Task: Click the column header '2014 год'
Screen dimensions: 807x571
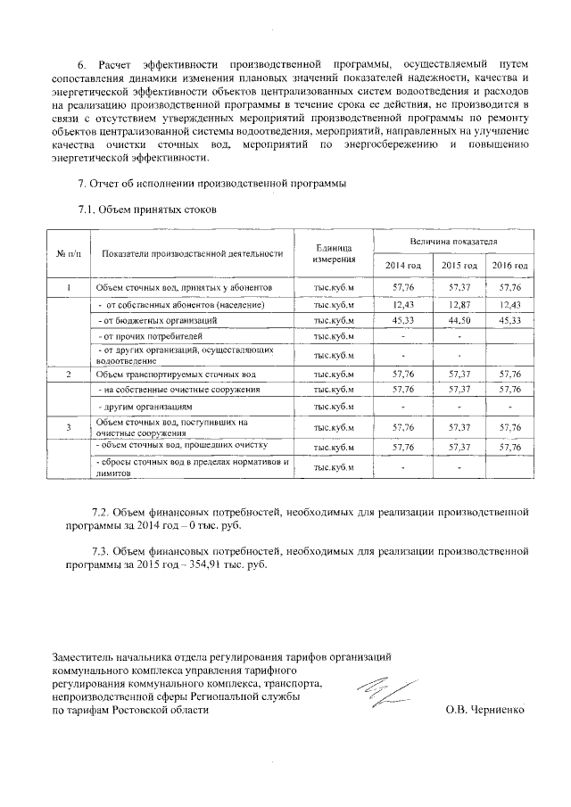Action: click(x=403, y=267)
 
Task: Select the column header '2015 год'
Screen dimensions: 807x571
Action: click(x=459, y=267)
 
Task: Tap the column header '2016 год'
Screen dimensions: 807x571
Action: click(x=510, y=267)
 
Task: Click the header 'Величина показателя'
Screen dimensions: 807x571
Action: click(x=453, y=242)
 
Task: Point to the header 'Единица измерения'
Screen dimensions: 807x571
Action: click(x=334, y=253)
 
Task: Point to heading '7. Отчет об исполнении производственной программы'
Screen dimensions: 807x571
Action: click(x=212, y=184)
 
